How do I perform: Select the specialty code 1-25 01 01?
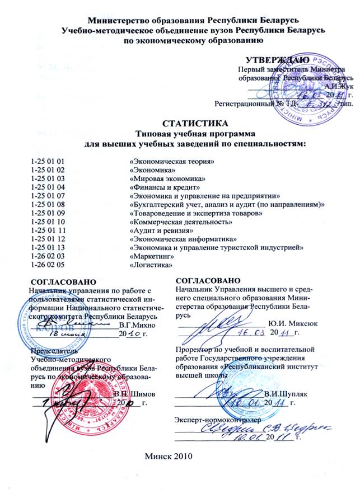coord(49,162)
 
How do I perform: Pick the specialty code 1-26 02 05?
coord(49,265)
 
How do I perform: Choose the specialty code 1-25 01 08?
coord(49,205)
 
